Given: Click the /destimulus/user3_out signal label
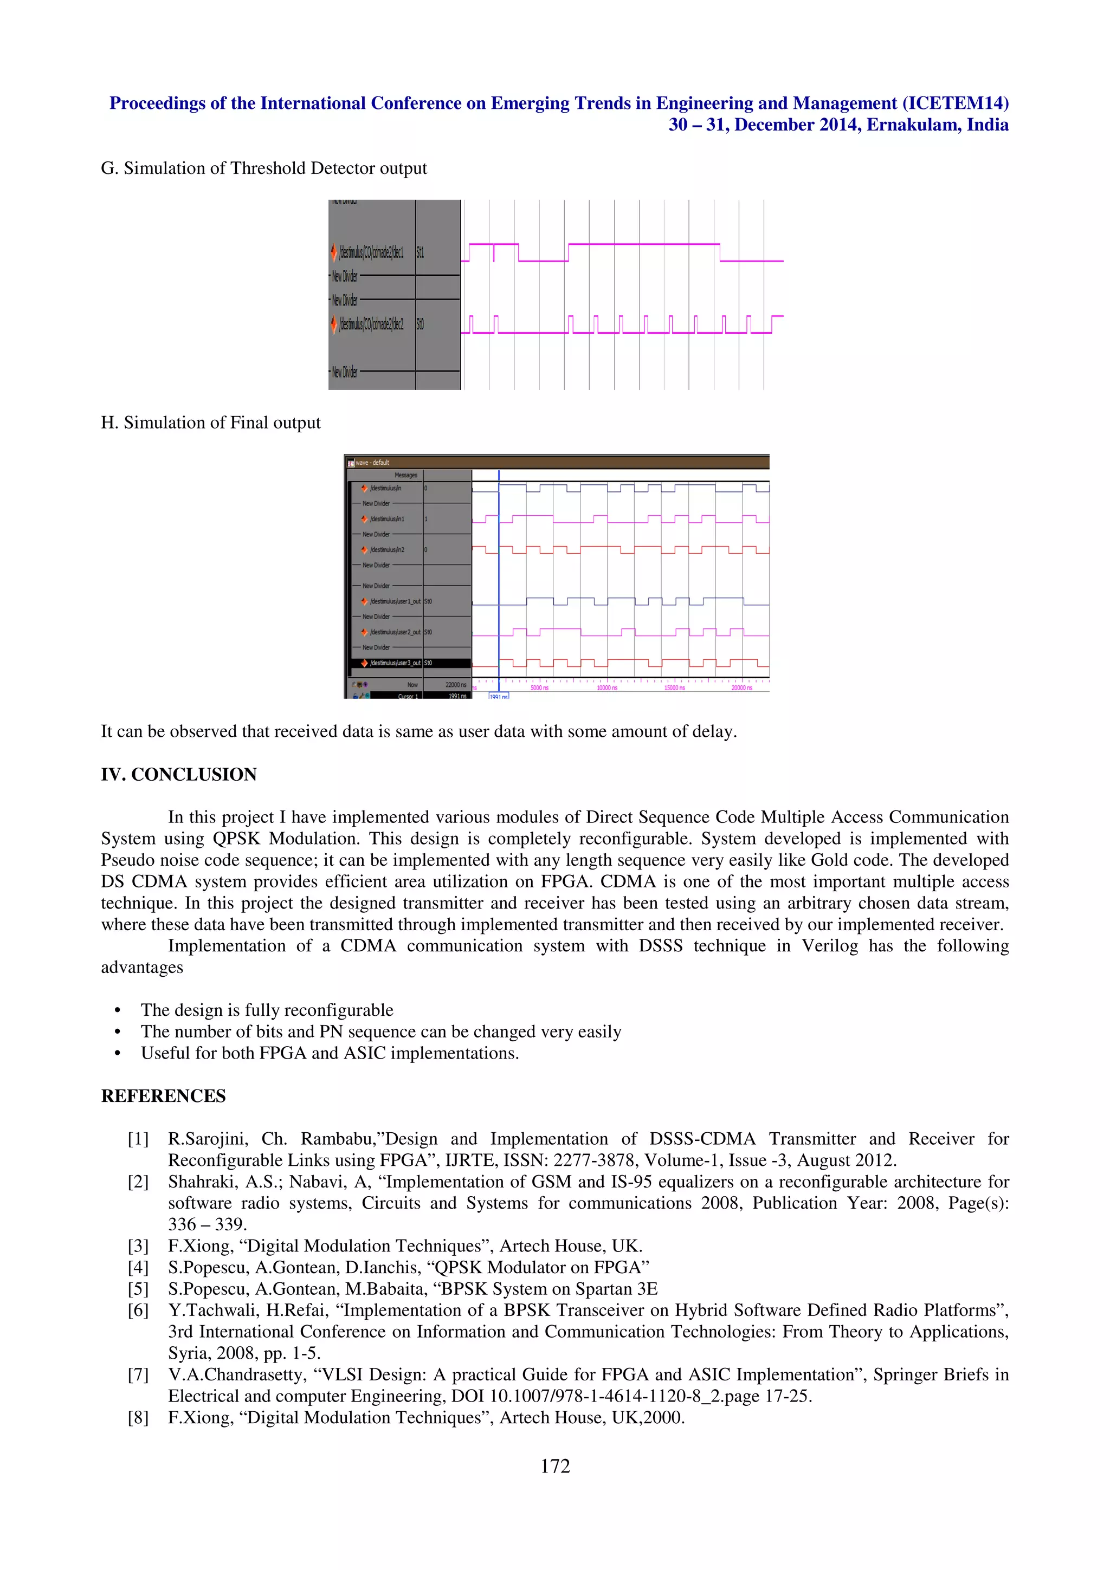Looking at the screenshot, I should (395, 663).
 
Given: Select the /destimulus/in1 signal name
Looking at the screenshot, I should (386, 519).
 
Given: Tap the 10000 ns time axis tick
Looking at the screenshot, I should (606, 687).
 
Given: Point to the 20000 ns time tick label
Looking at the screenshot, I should (741, 687).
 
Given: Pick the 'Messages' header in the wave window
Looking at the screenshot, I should (405, 475).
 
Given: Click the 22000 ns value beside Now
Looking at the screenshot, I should (455, 684).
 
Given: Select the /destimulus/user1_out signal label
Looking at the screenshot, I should (395, 601).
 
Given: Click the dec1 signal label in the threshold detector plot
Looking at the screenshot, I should (371, 252).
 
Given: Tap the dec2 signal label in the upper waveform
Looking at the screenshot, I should (371, 323).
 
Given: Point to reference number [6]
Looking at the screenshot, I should (138, 1310).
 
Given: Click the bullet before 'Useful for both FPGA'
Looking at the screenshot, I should (118, 1053).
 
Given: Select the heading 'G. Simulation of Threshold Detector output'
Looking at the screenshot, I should (263, 168).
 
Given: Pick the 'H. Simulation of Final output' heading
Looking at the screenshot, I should (211, 423).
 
